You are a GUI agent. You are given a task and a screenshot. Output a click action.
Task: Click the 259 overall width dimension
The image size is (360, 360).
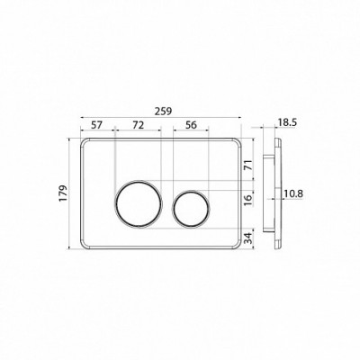pos(163,112)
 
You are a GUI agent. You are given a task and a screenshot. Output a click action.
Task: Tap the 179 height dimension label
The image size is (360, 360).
pos(63,193)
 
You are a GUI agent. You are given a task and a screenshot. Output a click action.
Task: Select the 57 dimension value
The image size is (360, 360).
pos(97,125)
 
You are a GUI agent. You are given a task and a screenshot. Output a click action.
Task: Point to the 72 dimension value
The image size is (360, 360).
pos(138,125)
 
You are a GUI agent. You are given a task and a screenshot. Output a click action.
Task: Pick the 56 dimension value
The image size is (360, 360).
pos(191,125)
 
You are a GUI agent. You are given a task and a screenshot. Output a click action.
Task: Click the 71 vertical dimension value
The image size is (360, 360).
pos(247,165)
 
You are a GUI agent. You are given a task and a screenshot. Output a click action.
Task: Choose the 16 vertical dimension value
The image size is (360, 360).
pos(247,200)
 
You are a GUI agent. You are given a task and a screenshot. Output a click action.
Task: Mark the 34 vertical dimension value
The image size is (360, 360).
pos(247,238)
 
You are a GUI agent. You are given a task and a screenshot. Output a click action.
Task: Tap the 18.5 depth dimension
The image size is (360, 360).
pos(287,122)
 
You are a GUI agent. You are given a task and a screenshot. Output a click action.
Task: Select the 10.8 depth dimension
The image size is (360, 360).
pos(293,194)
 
